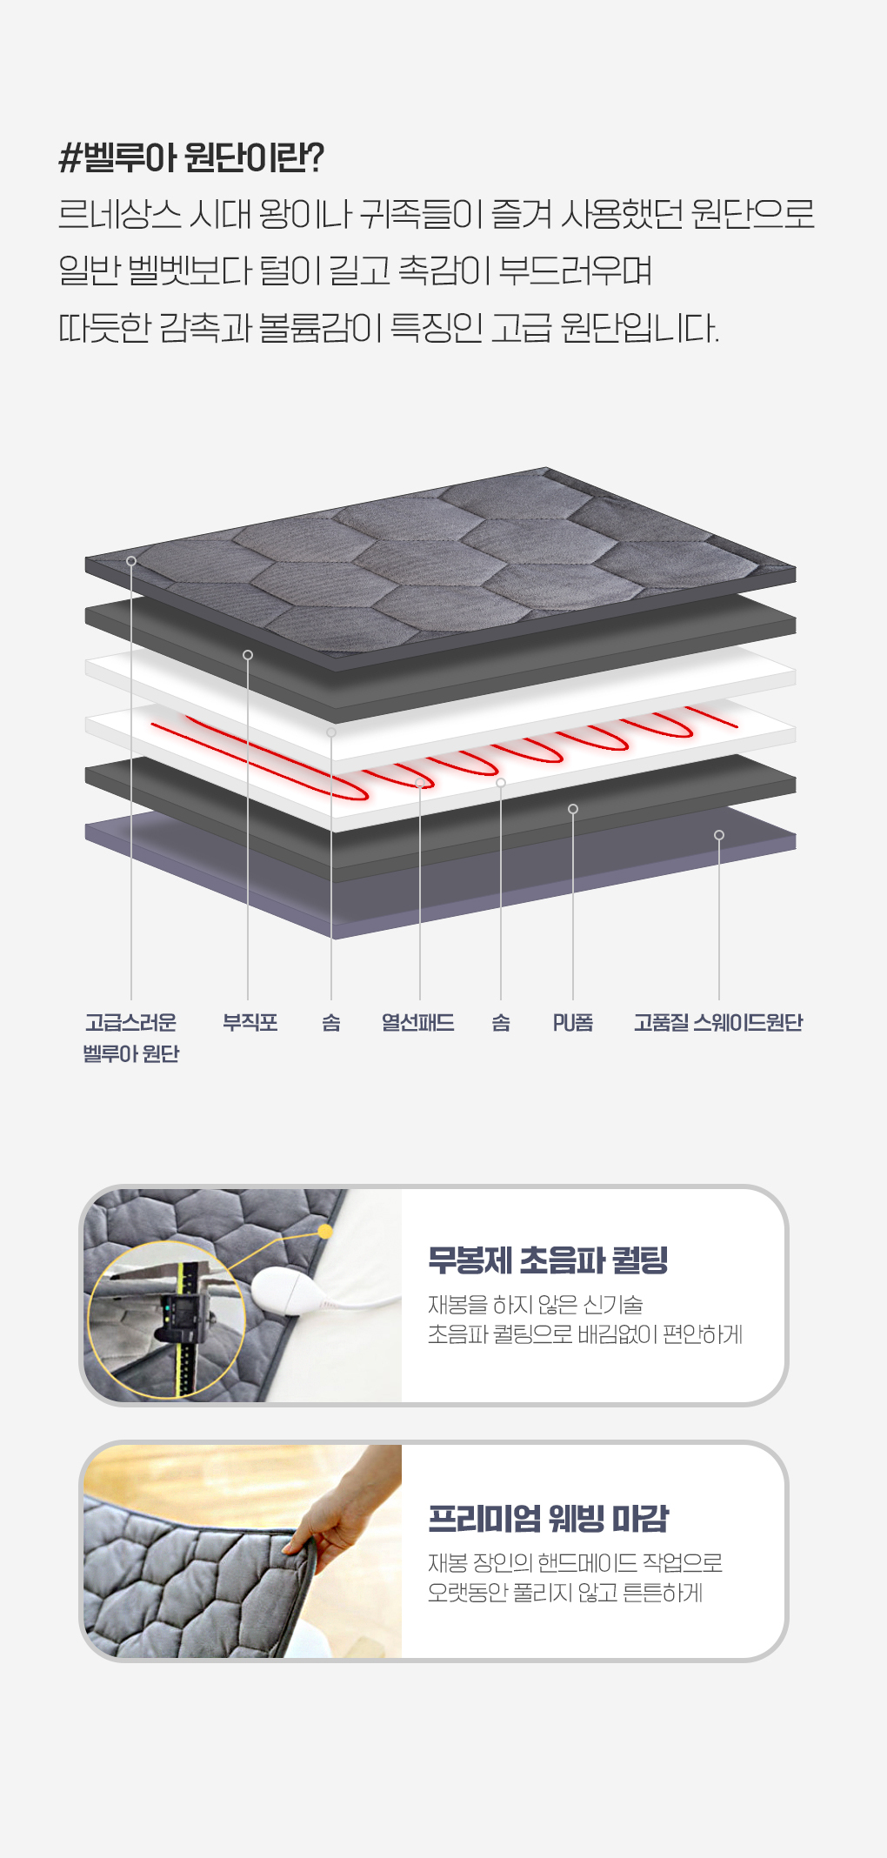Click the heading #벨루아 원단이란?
pos(191,157)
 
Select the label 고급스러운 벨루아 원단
pos(131,1038)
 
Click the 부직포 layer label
pos(250,1022)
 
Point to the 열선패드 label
pos(418,1022)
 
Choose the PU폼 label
pos(573,1022)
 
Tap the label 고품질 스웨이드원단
pos(718,1022)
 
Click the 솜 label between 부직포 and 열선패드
pos(331,1022)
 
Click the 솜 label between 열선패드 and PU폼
pos(501,1022)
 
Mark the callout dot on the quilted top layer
pos(131,561)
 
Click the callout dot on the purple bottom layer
pos(719,835)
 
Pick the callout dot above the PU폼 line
pos(573,809)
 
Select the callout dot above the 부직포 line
pos(248,655)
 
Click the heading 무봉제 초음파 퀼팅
pos(548,1260)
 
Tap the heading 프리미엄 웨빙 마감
pos(548,1519)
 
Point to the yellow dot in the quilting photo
pos(325,1231)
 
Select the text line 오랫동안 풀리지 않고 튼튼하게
pos(565,1593)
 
